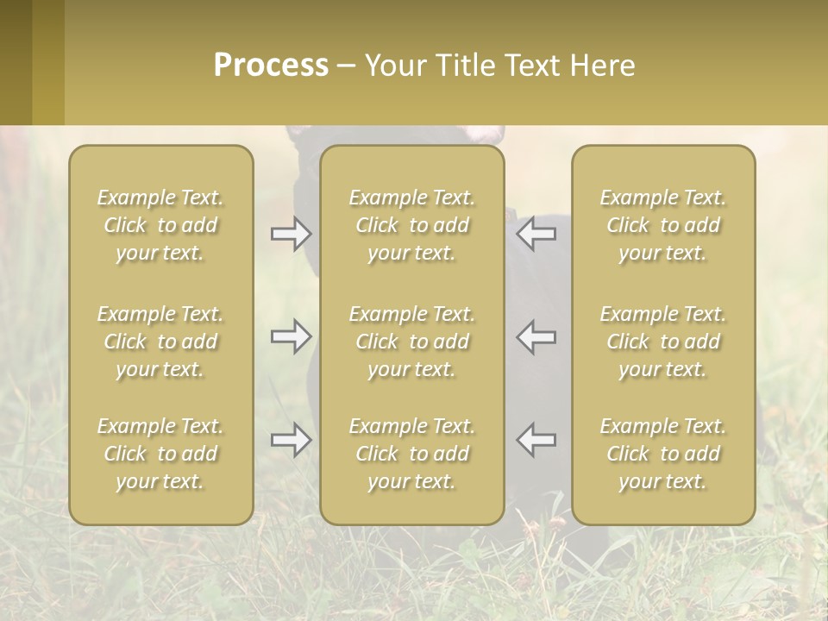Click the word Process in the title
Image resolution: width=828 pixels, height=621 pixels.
pos(271,65)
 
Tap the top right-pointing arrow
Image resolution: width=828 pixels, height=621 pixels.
pos(292,233)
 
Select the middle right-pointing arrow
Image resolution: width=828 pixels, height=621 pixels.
pos(292,336)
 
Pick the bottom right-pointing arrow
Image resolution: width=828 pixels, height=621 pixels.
pos(292,440)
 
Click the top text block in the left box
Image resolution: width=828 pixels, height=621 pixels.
pos(160,225)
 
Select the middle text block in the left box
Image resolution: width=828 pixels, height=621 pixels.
pos(160,342)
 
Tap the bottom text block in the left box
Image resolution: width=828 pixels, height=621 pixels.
pos(160,454)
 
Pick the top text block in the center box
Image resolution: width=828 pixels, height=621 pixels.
pos(412,225)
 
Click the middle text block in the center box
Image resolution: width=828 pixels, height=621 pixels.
pos(412,342)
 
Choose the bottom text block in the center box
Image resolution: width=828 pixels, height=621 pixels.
pos(412,454)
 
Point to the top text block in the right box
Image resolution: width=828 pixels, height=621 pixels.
pos(663,225)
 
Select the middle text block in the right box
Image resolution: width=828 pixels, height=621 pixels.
pos(663,342)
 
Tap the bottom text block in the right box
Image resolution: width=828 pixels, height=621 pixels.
pos(663,454)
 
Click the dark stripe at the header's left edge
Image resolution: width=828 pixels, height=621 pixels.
pos(16,62)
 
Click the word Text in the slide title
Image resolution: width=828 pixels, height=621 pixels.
pos(530,65)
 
